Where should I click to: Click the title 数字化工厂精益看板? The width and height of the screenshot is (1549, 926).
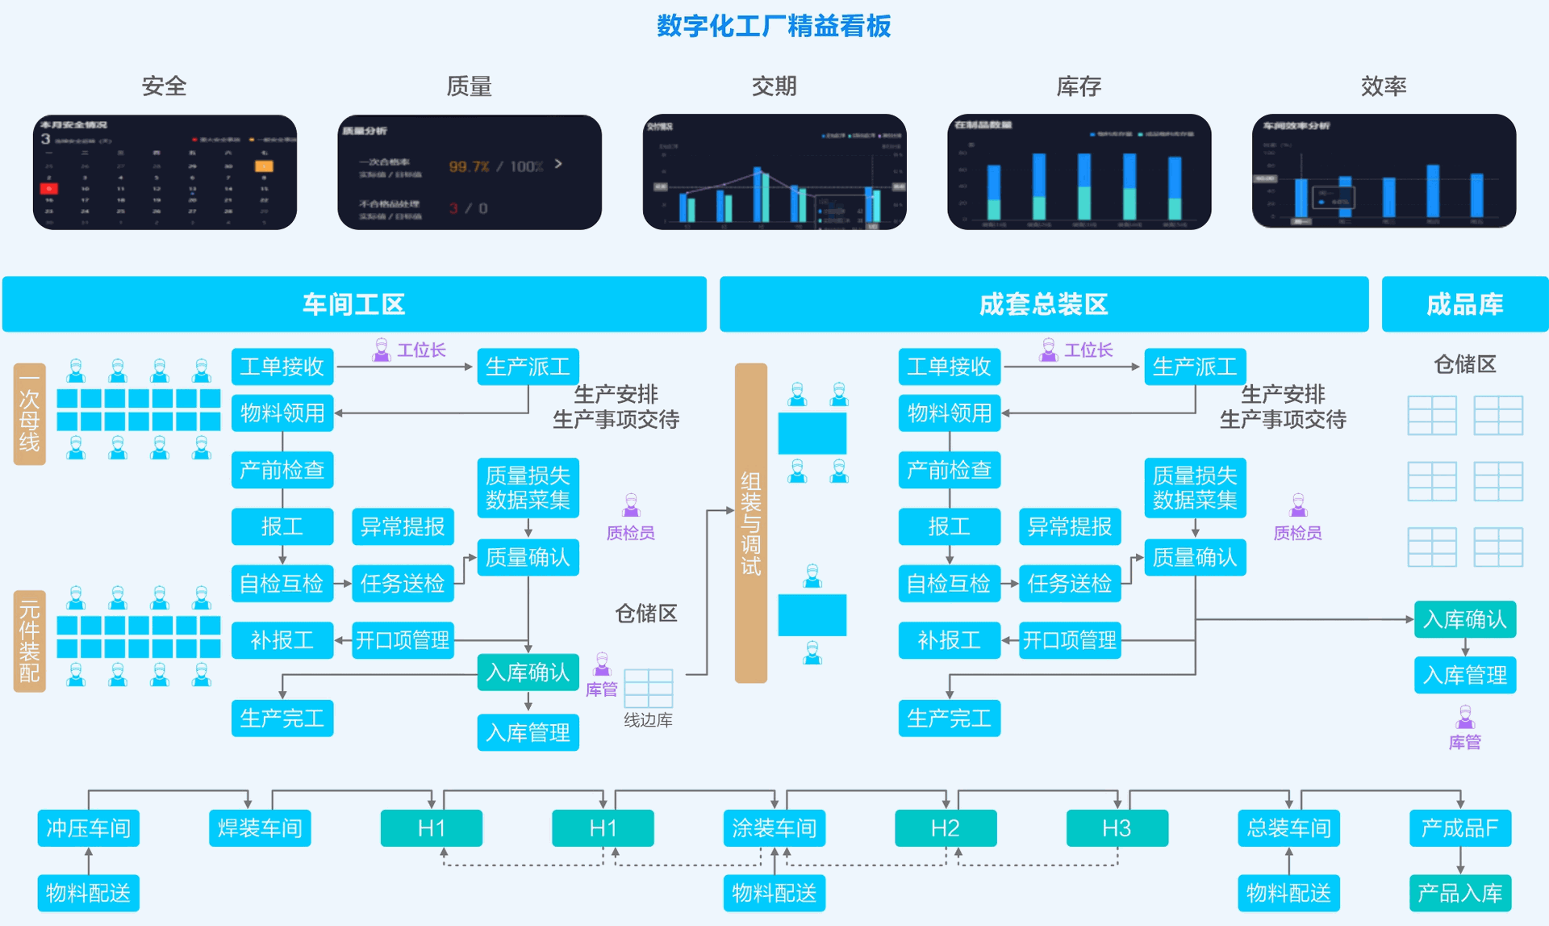773,27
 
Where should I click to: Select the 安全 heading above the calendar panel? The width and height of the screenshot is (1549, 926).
164,86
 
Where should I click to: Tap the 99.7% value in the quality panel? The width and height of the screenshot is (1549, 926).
469,166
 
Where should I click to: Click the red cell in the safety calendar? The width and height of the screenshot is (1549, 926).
48,188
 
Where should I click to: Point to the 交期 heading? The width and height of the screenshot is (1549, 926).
774,86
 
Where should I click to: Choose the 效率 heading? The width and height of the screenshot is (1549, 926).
1383,86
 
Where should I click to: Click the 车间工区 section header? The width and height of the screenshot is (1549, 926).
354,304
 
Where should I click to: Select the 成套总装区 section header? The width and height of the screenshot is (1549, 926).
1043,304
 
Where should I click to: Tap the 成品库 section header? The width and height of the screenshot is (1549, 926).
1464,304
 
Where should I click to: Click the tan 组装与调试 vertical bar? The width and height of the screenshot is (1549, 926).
751,523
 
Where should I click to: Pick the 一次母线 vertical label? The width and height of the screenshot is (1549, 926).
30,414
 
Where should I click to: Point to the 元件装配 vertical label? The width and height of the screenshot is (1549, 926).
30,641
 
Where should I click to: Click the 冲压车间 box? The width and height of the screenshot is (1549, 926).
89,828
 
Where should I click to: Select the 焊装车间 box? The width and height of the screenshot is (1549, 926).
260,828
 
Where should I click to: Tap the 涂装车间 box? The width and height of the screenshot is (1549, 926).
774,828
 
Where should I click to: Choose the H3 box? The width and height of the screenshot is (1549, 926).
1117,828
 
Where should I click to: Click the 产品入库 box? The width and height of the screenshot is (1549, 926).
1460,893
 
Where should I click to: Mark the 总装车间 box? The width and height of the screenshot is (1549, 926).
1288,828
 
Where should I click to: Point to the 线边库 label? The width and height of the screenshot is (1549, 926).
648,720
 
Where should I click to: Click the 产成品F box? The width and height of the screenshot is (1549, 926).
1460,828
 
